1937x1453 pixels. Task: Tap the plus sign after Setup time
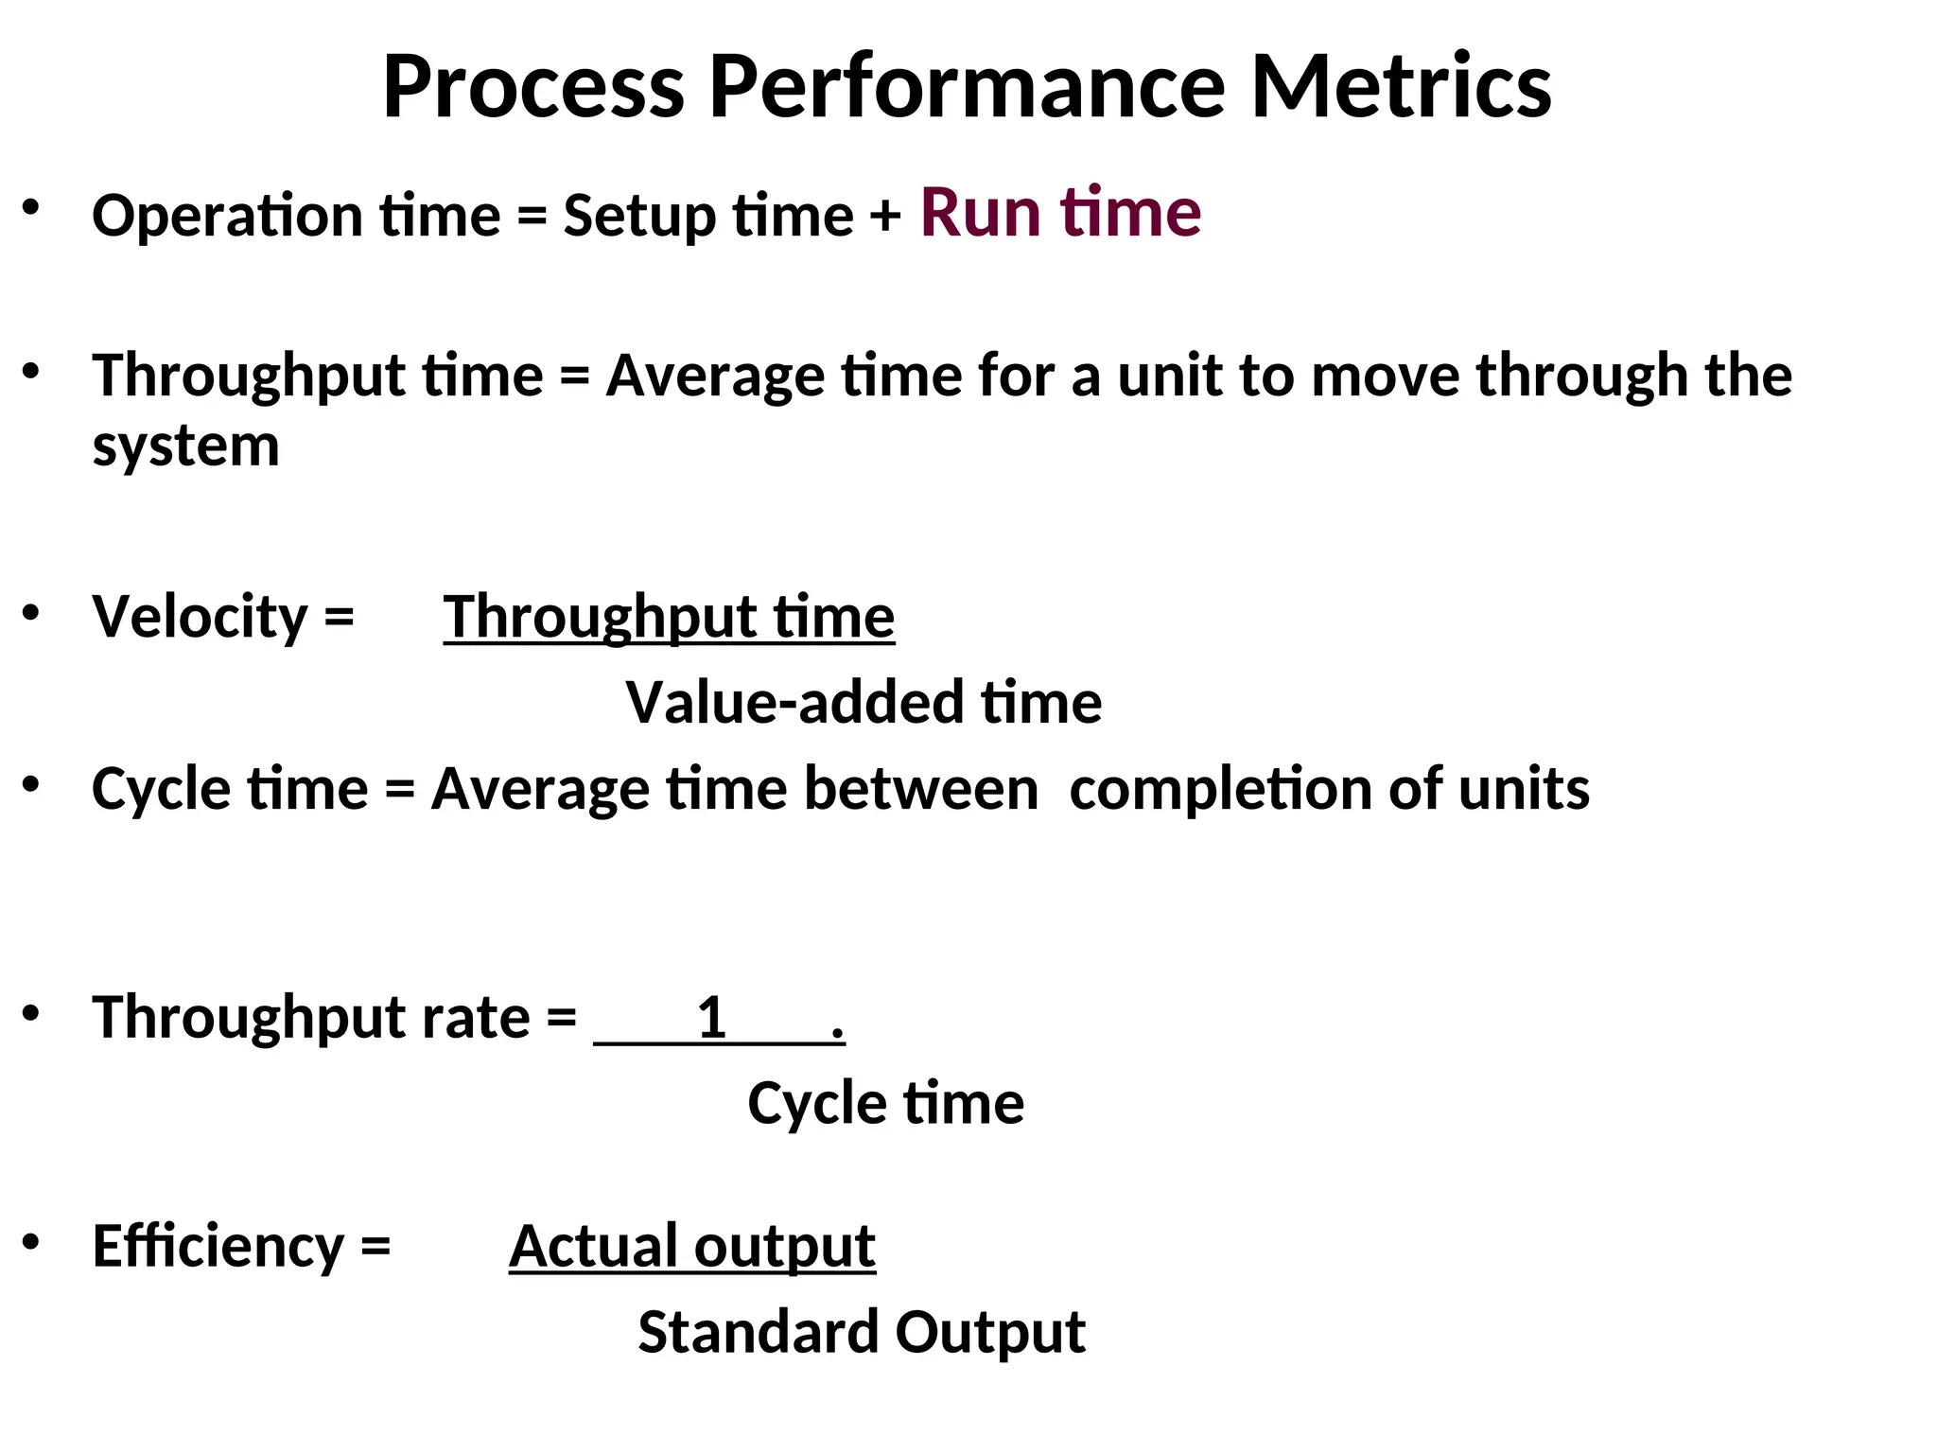click(x=885, y=217)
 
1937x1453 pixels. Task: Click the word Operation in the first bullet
click(x=227, y=217)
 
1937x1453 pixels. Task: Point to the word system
click(x=185, y=446)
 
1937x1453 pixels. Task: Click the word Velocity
click(x=199, y=617)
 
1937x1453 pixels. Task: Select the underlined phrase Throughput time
click(x=669, y=617)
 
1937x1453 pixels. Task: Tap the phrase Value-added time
click(x=864, y=703)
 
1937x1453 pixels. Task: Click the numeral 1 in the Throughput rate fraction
click(x=711, y=1018)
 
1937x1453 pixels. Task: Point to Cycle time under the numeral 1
click(x=885, y=1103)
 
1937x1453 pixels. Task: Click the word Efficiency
click(x=218, y=1247)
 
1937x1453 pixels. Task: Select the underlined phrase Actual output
click(x=692, y=1247)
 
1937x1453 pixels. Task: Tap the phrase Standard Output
click(x=862, y=1332)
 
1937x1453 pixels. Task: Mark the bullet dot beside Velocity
click(x=31, y=612)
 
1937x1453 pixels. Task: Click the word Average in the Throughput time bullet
click(x=715, y=376)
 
